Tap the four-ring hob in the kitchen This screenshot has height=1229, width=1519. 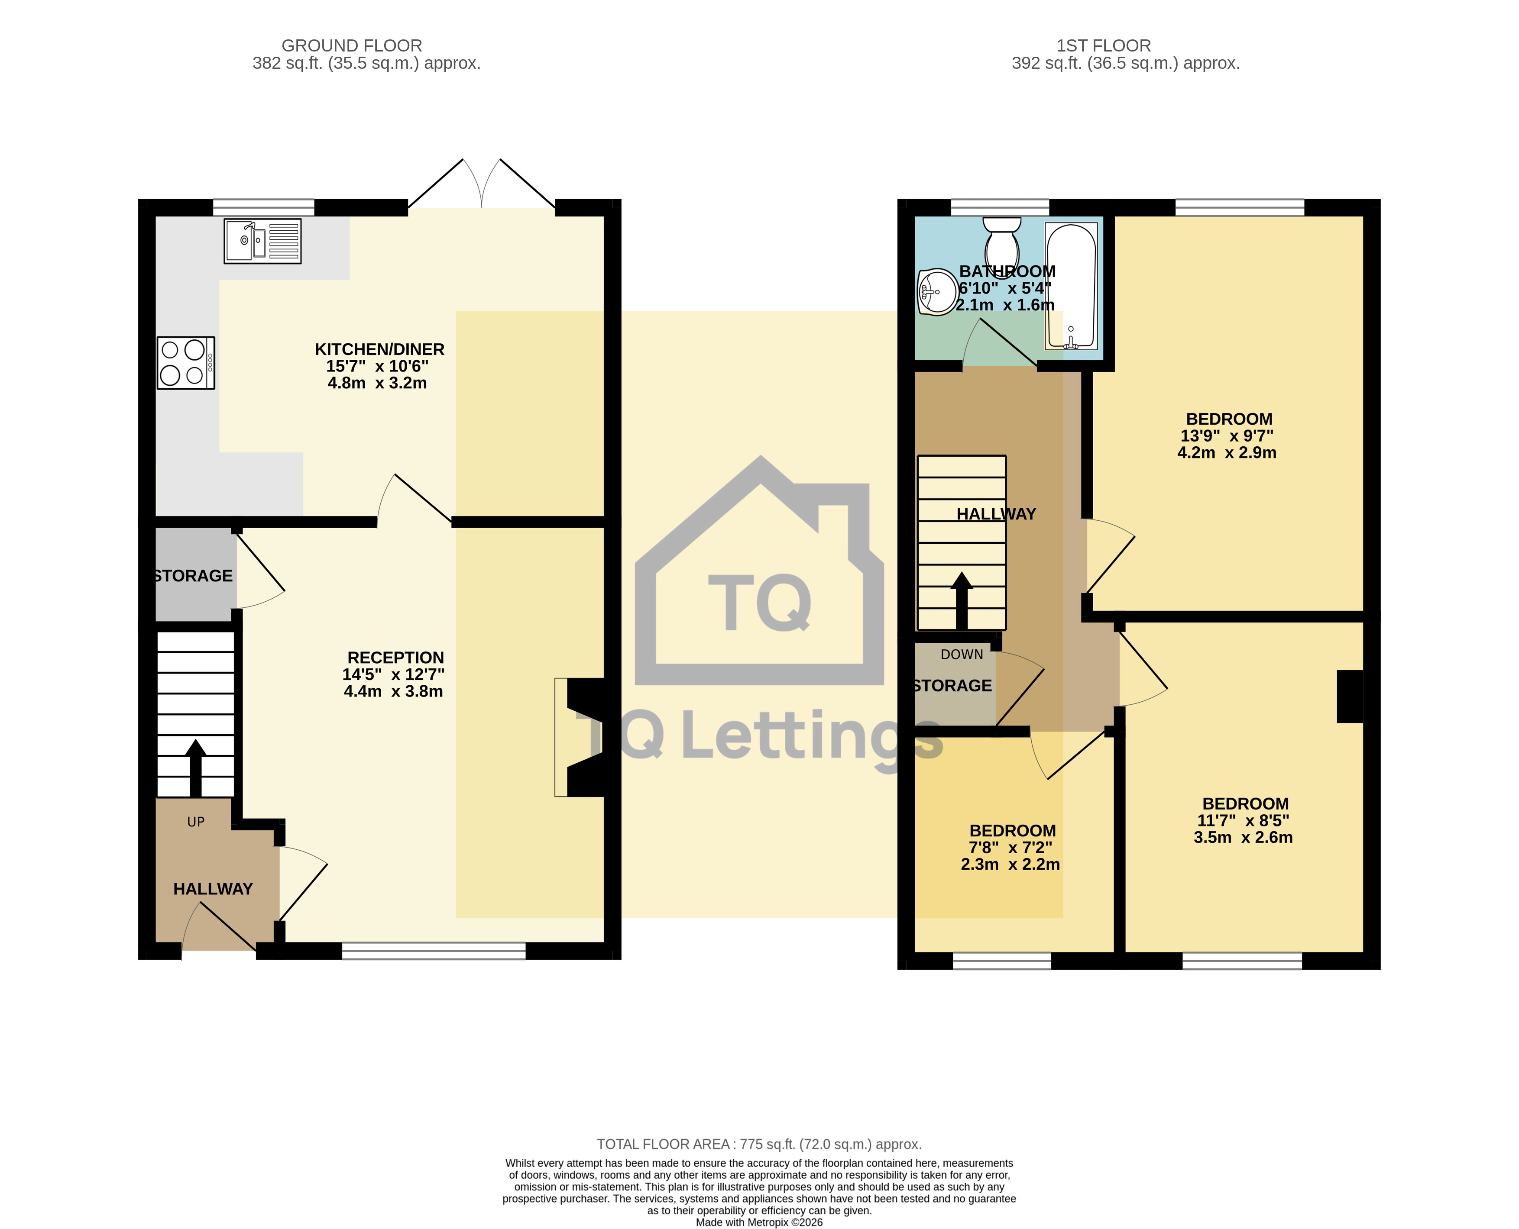[185, 362]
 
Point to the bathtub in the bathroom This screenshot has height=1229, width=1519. [1071, 287]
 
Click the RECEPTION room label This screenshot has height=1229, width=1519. [396, 658]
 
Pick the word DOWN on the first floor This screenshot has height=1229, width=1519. [962, 655]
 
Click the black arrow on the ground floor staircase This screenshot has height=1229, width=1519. [195, 768]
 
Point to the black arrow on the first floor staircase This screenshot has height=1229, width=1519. [961, 600]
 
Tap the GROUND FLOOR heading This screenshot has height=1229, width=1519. [352, 45]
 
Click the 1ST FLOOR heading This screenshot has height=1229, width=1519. [1103, 45]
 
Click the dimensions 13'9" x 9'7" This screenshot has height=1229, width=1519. [1227, 436]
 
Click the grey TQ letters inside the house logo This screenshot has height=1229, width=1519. [760, 603]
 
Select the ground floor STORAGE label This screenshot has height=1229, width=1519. [193, 576]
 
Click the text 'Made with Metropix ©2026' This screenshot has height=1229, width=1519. [759, 1223]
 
